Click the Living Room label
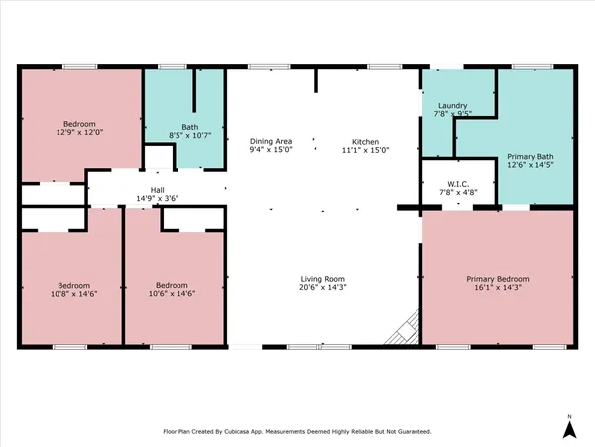(x=322, y=279)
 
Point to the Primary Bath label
(x=531, y=157)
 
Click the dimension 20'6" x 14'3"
(x=322, y=288)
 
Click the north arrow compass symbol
(x=568, y=428)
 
